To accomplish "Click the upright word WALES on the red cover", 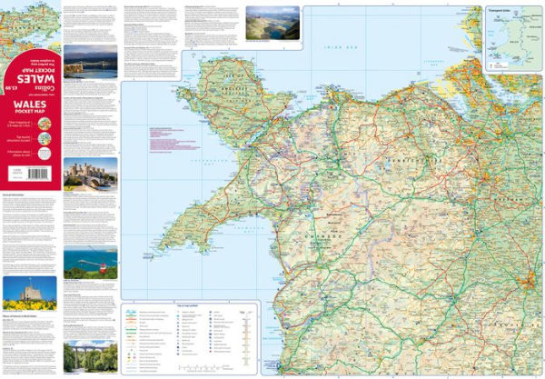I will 30,106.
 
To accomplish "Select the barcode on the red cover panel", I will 15,169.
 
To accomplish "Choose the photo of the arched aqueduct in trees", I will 90,356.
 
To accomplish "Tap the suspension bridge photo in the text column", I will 90,62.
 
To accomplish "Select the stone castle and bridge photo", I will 90,174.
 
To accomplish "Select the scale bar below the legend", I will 201,368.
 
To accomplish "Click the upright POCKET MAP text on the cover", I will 30,118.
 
